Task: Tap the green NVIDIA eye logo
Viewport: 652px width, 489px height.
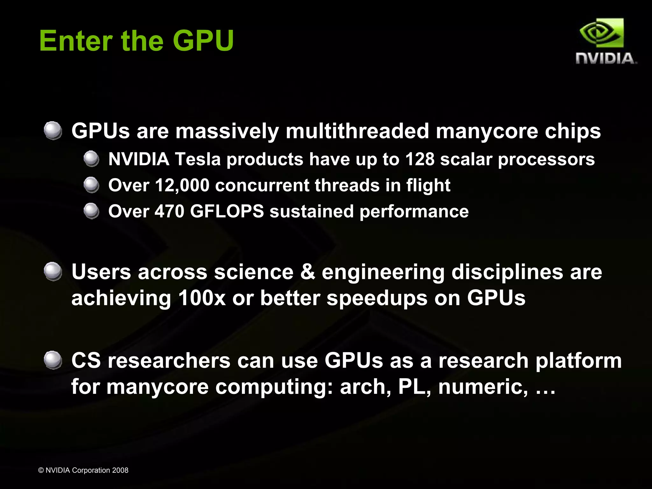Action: [601, 33]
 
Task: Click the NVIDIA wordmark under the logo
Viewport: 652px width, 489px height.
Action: [606, 59]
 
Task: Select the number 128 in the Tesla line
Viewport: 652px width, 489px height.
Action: [420, 159]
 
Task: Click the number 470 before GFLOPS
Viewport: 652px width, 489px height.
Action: [169, 211]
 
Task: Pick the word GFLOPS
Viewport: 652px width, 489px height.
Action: [227, 211]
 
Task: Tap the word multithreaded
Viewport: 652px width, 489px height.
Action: [357, 131]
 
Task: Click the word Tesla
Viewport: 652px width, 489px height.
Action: [198, 159]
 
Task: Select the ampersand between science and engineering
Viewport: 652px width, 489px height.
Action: [308, 272]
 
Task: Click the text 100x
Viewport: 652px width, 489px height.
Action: [202, 298]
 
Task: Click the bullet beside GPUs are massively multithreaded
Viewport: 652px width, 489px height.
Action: [53, 130]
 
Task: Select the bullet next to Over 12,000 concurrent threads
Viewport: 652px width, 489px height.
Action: [92, 185]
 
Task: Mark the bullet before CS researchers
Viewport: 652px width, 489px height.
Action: [53, 360]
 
